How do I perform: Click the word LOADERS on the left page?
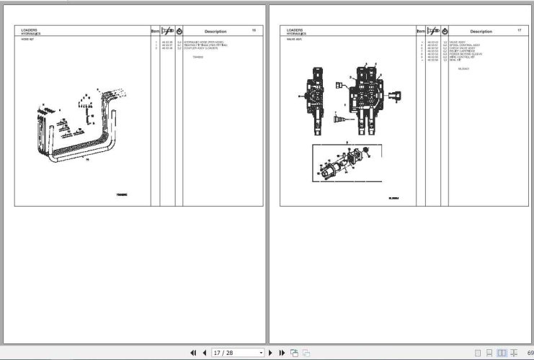[x=30, y=30]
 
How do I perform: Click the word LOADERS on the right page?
[x=295, y=30]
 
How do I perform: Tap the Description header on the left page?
[x=215, y=32]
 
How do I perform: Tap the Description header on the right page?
[x=481, y=32]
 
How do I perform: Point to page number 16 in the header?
[x=254, y=30]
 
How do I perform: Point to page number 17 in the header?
[x=519, y=30]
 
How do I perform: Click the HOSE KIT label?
[x=27, y=40]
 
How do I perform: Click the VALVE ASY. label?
[x=294, y=40]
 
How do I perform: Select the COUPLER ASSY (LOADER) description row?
[x=200, y=48]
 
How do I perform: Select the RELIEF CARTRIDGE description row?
[x=462, y=51]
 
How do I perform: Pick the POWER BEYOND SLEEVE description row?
[x=466, y=54]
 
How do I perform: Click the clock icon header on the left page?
[x=179, y=32]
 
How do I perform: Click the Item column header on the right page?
[x=419, y=32]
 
